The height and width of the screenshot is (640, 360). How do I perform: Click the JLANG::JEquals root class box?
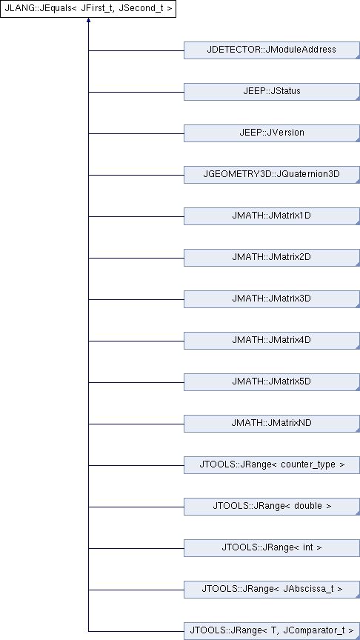pyautogui.click(x=88, y=9)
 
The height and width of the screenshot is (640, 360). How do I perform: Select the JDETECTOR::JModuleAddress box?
pyautogui.click(x=271, y=50)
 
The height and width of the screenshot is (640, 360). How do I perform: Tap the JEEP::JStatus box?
pyautogui.click(x=271, y=91)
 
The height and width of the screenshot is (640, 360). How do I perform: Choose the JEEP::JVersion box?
pyautogui.click(x=271, y=133)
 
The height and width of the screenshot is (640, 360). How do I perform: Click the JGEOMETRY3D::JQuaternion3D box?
pyautogui.click(x=271, y=175)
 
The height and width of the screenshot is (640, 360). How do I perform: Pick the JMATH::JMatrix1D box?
pyautogui.click(x=271, y=216)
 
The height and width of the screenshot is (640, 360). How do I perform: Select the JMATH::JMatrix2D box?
pyautogui.click(x=271, y=258)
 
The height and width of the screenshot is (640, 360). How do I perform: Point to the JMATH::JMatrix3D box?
pyautogui.click(x=271, y=299)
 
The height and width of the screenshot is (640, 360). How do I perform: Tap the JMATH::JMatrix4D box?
pyautogui.click(x=271, y=341)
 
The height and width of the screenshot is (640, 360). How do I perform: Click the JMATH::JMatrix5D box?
pyautogui.click(x=271, y=382)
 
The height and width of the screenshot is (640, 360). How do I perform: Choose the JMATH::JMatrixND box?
pyautogui.click(x=271, y=424)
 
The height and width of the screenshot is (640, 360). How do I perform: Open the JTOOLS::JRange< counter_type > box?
pyautogui.click(x=271, y=465)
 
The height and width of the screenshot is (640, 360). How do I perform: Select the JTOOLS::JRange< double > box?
pyautogui.click(x=271, y=507)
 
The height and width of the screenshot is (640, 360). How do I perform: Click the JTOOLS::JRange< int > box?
pyautogui.click(x=271, y=548)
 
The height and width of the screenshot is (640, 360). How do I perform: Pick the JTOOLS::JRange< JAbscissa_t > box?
pyautogui.click(x=271, y=590)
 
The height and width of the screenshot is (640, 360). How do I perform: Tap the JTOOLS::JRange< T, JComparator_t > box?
pyautogui.click(x=271, y=631)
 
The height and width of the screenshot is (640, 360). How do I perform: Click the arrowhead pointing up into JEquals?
pyautogui.click(x=88, y=19)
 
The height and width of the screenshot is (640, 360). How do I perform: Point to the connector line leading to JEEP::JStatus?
pyautogui.click(x=136, y=92)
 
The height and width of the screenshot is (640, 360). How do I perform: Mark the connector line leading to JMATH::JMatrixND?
pyautogui.click(x=136, y=424)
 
